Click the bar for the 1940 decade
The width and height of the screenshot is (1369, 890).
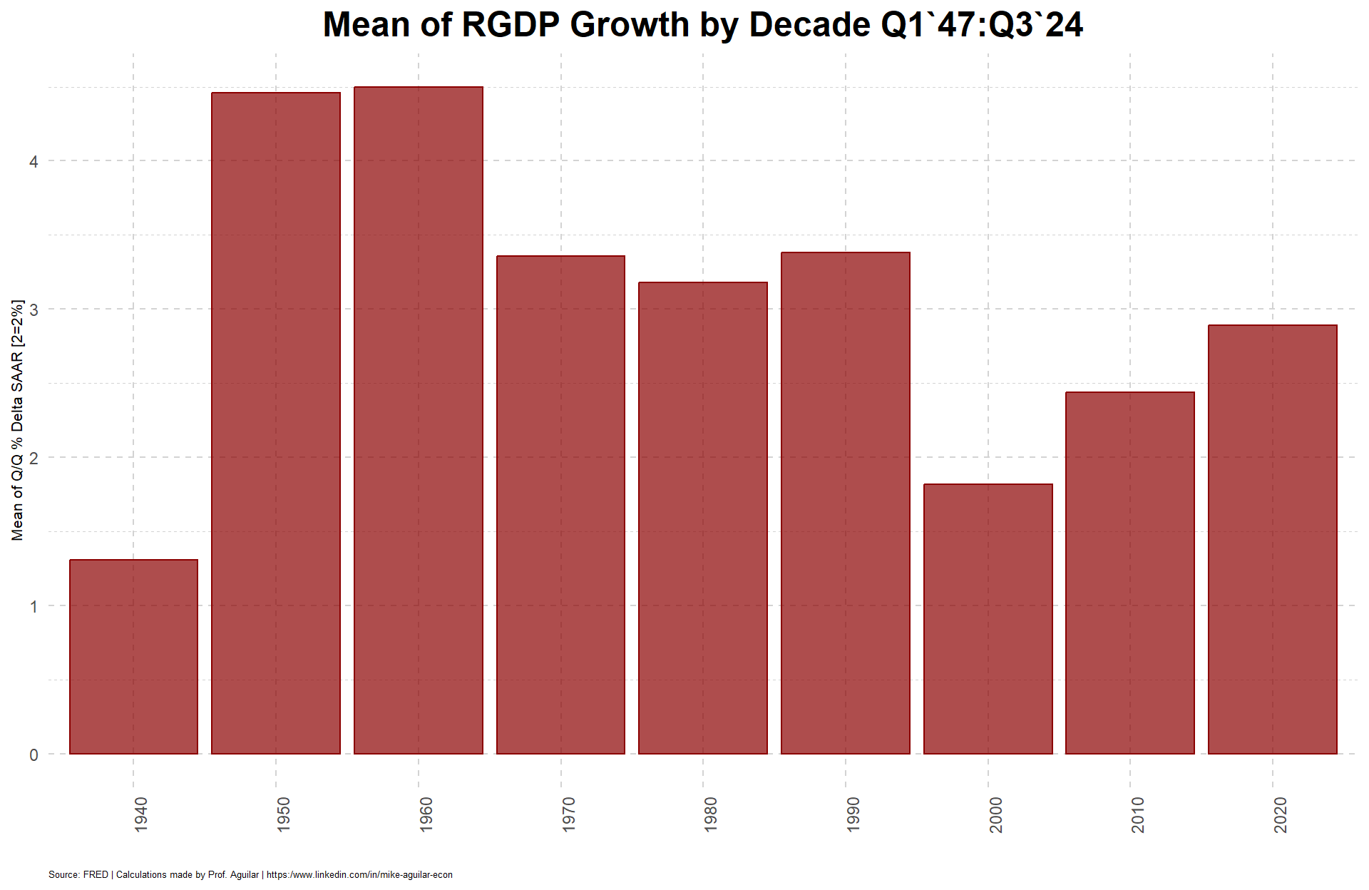pyautogui.click(x=133, y=657)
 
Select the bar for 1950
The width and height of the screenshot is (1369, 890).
pyautogui.click(x=276, y=423)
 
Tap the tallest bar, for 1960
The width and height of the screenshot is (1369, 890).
pyautogui.click(x=419, y=420)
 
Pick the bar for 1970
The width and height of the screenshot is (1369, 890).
pyautogui.click(x=560, y=505)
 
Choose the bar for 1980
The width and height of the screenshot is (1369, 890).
pyautogui.click(x=703, y=518)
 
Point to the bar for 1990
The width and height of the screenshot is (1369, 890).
pyautogui.click(x=846, y=503)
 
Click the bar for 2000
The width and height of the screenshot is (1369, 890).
pyautogui.click(x=988, y=619)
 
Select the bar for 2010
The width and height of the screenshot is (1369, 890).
pyautogui.click(x=1130, y=573)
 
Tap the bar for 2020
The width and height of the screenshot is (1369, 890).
pyautogui.click(x=1273, y=539)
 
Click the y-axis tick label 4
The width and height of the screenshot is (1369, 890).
pyautogui.click(x=34, y=161)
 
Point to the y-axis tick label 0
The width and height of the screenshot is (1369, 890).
pyautogui.click(x=34, y=755)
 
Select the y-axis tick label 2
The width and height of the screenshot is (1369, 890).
pyautogui.click(x=34, y=458)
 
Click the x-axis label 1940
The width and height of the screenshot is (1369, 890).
pyautogui.click(x=140, y=814)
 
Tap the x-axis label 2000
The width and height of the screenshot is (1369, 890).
pyautogui.click(x=995, y=814)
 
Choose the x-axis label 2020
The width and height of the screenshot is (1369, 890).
pyautogui.click(x=1281, y=814)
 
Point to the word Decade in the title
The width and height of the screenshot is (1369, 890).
pyautogui.click(x=809, y=25)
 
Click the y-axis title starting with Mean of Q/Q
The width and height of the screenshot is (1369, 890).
pyautogui.click(x=18, y=420)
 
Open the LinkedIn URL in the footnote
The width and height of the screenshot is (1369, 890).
pyautogui.click(x=359, y=874)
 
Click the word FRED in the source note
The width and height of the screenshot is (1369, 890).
pyautogui.click(x=96, y=874)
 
